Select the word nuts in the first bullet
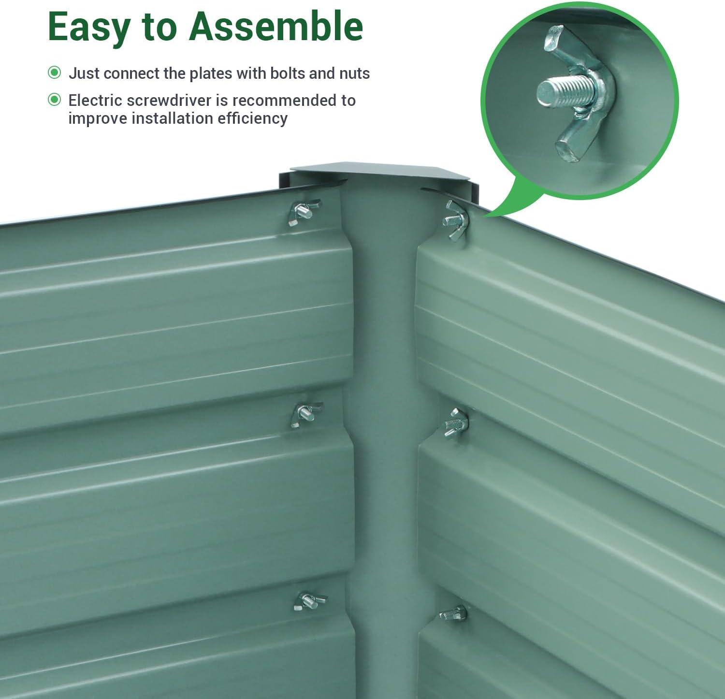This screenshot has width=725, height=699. point(354,74)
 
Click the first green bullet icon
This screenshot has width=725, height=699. point(55,73)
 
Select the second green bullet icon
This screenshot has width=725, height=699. point(55,100)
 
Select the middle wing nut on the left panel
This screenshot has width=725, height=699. point(305,415)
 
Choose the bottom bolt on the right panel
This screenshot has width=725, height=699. point(453,613)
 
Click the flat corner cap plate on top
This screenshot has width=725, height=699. point(380,174)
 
